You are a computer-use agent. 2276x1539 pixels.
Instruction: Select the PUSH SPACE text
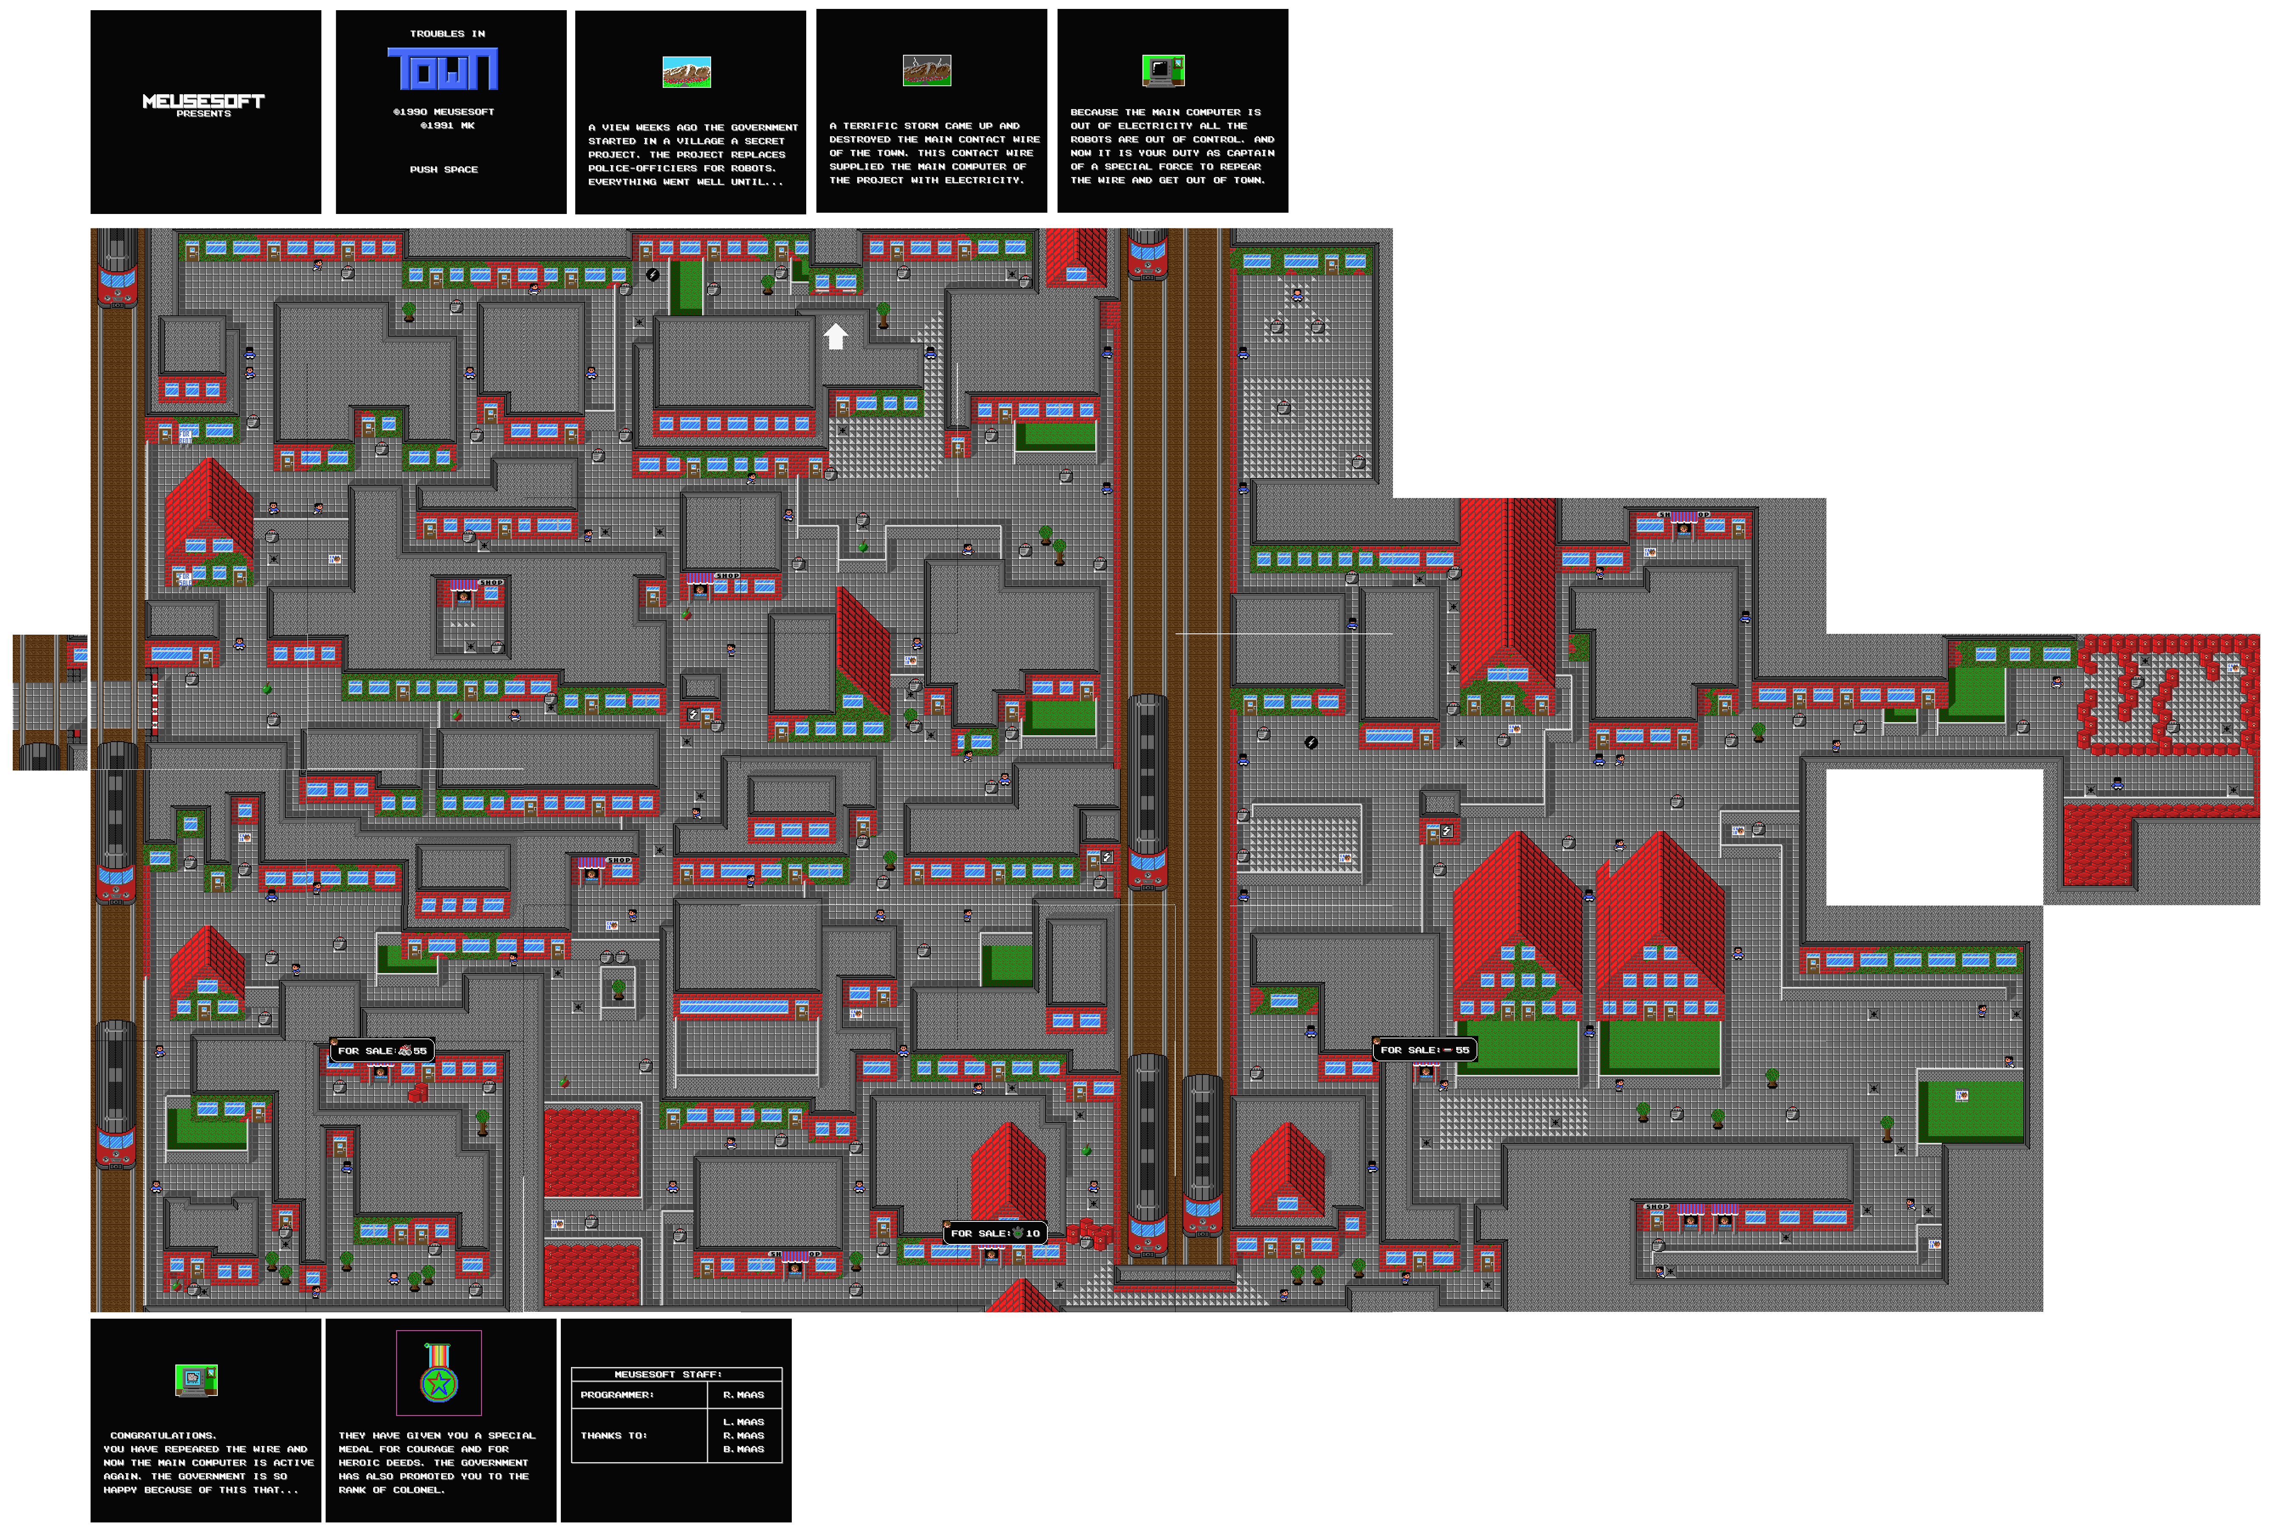coord(444,169)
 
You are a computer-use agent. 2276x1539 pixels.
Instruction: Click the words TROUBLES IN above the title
coord(447,33)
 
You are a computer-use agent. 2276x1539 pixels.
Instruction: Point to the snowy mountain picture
coord(686,71)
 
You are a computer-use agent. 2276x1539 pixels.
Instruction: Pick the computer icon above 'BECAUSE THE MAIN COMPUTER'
coord(1163,70)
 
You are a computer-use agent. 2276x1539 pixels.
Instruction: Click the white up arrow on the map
coord(836,336)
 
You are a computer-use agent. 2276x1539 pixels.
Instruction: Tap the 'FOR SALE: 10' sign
coord(995,1233)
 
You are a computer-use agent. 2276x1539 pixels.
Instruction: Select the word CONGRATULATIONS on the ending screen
coord(163,1435)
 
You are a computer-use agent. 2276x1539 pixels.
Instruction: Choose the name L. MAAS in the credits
coord(743,1421)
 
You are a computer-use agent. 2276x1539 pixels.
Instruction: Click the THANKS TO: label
coord(614,1435)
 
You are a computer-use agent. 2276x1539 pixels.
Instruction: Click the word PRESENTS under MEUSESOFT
coord(204,114)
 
